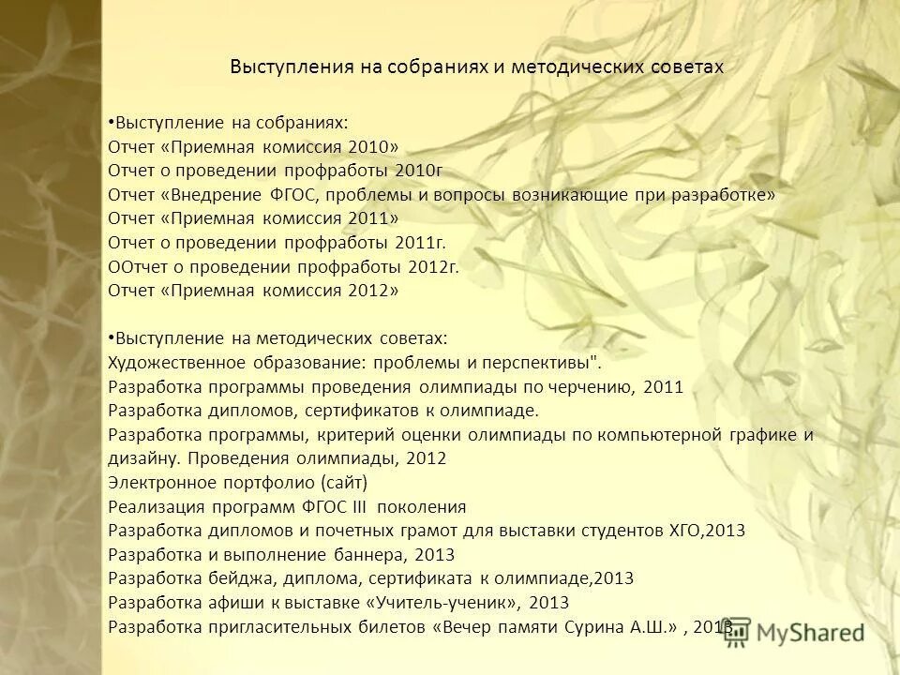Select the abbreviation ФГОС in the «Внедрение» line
[x=298, y=194]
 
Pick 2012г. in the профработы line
[x=433, y=265]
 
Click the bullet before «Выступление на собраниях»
[x=112, y=121]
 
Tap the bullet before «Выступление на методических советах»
[x=112, y=335]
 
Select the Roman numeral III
[x=361, y=507]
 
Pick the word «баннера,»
[x=371, y=555]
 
